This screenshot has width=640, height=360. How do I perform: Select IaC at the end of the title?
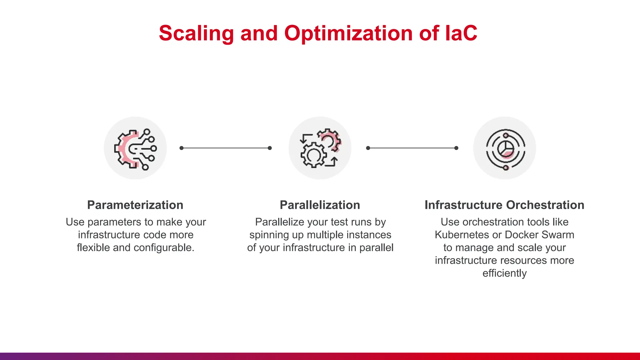[460, 33]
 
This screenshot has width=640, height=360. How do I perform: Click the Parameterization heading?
[135, 205]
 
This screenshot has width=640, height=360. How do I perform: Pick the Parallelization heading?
[320, 205]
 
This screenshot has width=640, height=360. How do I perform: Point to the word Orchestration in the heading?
[545, 205]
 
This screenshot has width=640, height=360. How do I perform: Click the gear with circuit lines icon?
[135, 148]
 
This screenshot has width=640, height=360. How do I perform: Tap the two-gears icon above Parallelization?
[320, 148]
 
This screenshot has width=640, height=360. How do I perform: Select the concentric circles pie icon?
[505, 148]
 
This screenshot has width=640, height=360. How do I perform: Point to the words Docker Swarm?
[539, 235]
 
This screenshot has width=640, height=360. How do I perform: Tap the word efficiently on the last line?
[504, 273]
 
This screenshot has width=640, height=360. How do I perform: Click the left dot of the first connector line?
[182, 148]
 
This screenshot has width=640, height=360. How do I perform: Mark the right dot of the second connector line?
[456, 148]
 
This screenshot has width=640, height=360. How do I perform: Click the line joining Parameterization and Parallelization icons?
[226, 148]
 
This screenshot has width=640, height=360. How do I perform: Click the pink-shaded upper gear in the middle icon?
[330, 139]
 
